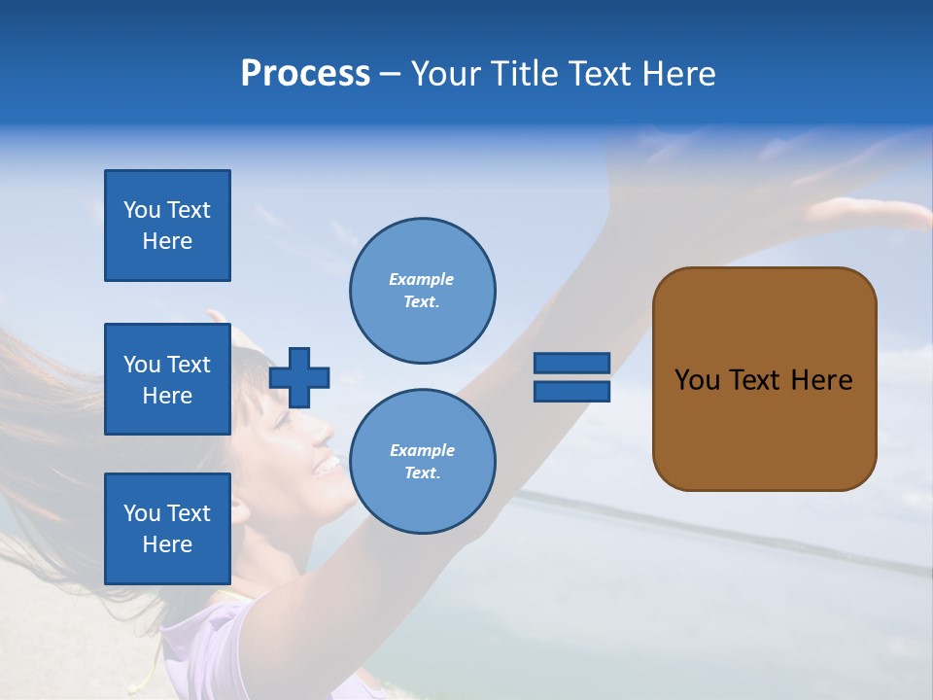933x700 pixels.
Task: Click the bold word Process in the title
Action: click(305, 74)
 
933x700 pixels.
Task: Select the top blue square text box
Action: click(167, 226)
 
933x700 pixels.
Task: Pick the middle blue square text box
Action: click(167, 379)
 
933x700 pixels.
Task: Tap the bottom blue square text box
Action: click(167, 529)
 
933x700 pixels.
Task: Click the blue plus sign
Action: click(299, 377)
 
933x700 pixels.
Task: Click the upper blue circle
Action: click(422, 291)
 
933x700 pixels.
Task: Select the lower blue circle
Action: click(422, 462)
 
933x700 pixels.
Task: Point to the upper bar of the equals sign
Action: click(571, 363)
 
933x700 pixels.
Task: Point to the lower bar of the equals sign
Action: click(571, 391)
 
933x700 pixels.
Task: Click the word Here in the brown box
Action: click(821, 380)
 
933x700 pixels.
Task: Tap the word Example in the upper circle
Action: click(421, 279)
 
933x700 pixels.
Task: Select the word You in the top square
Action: click(142, 210)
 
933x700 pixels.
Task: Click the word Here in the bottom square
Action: click(167, 544)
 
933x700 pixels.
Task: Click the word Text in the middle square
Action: click(189, 365)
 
